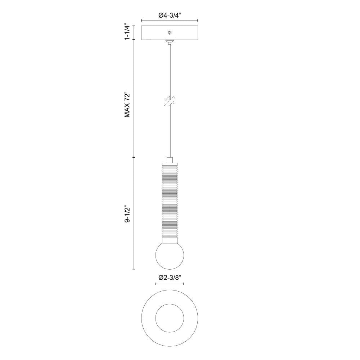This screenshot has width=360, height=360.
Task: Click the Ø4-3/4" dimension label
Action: (x=170, y=15)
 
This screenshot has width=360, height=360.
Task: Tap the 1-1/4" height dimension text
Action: (x=127, y=32)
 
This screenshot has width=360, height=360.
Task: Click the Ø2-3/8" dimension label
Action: (x=170, y=278)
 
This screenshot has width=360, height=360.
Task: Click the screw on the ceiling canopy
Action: (x=170, y=33)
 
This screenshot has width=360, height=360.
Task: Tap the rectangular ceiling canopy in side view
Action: (x=170, y=33)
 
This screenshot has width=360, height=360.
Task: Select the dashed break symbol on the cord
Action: (x=169, y=101)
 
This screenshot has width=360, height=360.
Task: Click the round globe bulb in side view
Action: (x=170, y=255)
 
